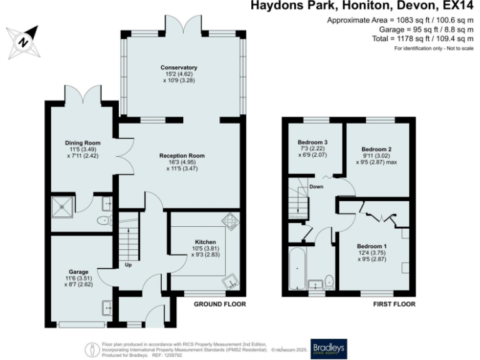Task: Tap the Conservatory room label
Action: [x=179, y=67]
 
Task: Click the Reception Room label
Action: [x=182, y=156]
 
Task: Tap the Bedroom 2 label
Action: [x=376, y=149]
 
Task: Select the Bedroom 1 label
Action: [x=372, y=246]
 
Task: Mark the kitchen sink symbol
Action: [x=233, y=281]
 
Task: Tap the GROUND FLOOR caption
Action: [x=219, y=304]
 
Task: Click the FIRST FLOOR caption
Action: [x=394, y=304]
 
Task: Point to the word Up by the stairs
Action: [x=128, y=265]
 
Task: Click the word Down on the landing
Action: [x=316, y=186]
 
